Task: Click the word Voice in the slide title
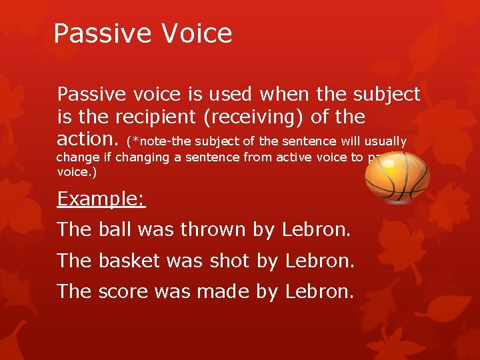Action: point(197,33)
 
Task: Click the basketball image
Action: point(398,177)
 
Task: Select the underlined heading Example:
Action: point(101,199)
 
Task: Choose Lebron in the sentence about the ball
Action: point(316,230)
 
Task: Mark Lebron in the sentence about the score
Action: point(319,291)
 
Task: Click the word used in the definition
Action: point(234,94)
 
